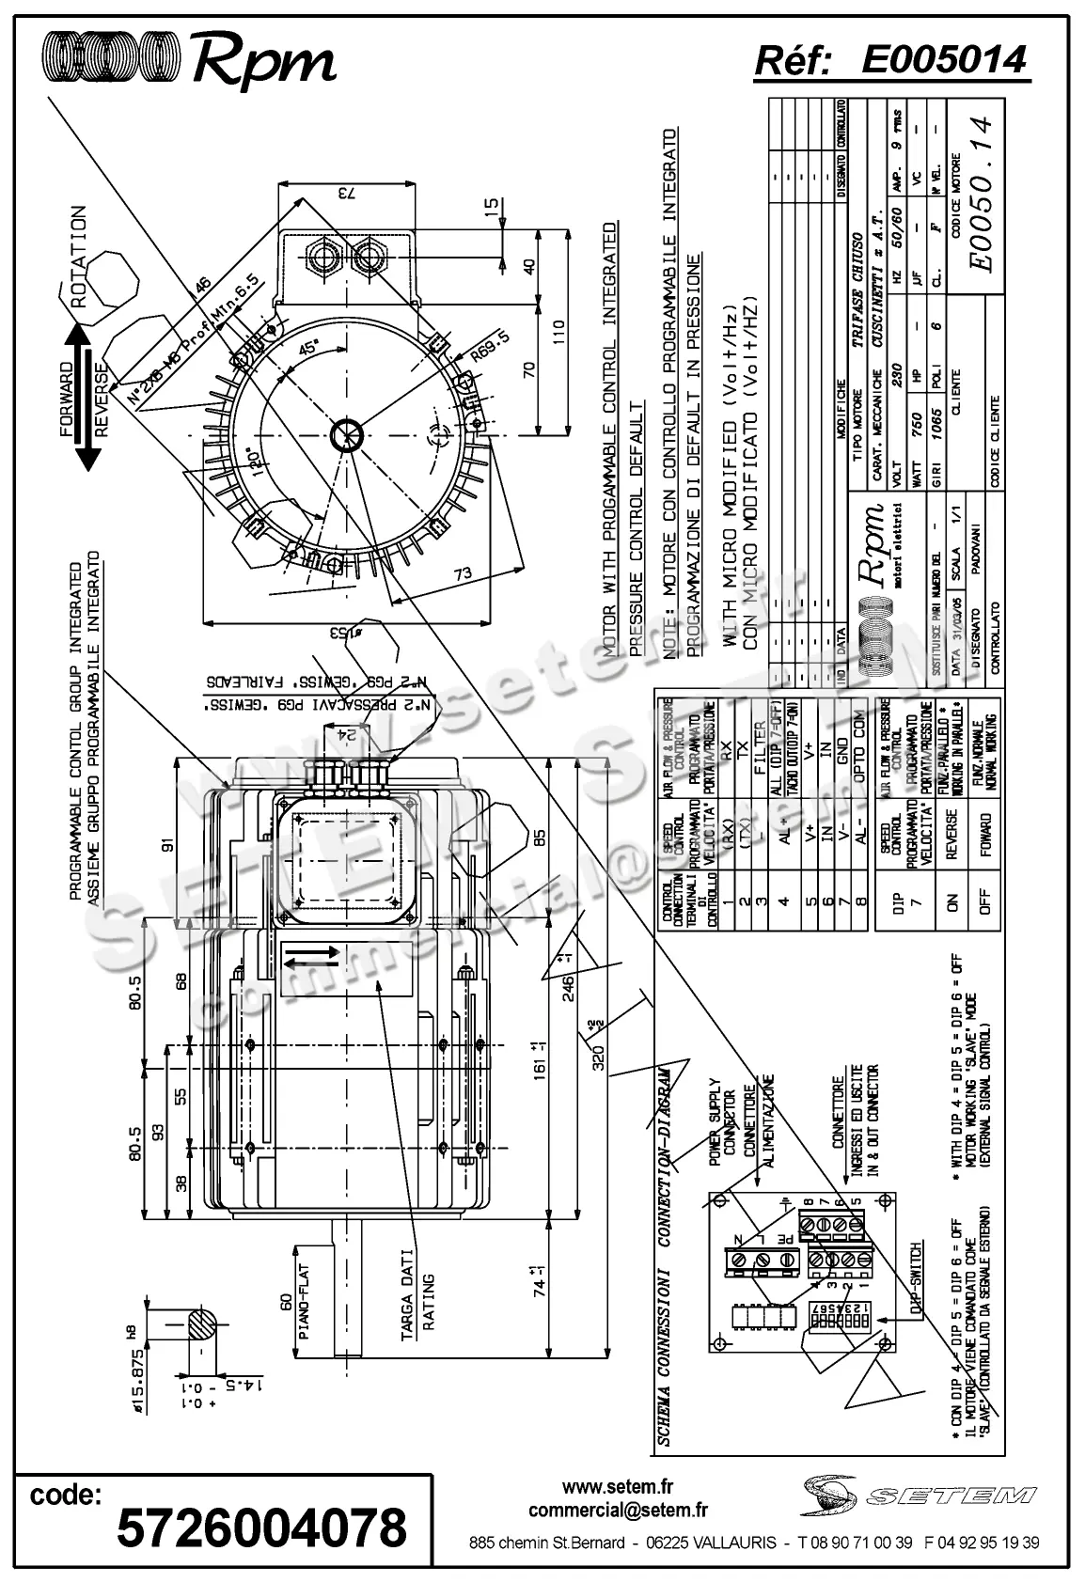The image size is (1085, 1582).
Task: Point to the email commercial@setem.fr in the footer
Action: [x=618, y=1510]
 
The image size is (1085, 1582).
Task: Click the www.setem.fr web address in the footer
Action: [x=618, y=1487]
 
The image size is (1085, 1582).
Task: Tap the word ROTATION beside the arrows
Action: [x=79, y=258]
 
